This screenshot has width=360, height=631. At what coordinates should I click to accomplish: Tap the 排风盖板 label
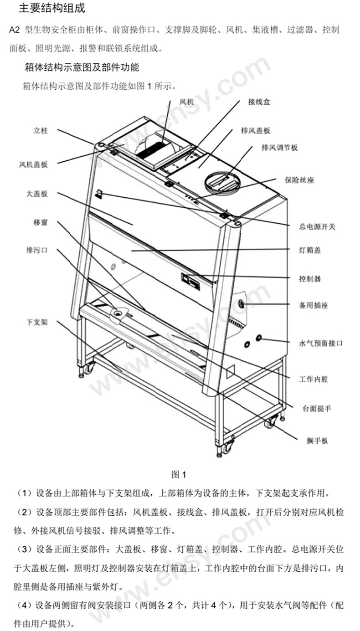[256, 131]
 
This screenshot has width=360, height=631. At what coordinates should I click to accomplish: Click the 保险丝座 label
[299, 180]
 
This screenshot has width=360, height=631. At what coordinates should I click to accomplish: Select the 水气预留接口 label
[320, 343]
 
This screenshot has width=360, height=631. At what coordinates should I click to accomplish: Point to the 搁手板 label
[317, 441]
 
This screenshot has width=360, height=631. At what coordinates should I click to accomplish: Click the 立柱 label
[40, 131]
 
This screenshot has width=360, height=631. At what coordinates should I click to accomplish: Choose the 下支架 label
[37, 322]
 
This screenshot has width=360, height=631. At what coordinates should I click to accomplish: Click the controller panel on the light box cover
[191, 281]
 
